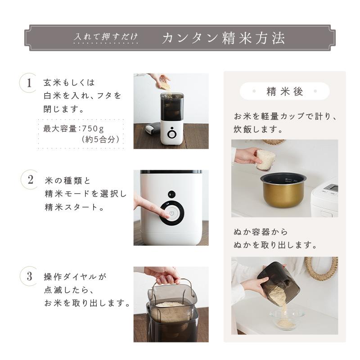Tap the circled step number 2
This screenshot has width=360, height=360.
pyautogui.click(x=30, y=180)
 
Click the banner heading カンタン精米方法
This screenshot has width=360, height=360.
pyautogui.click(x=223, y=38)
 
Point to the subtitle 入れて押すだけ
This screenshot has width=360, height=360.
pyautogui.click(x=106, y=38)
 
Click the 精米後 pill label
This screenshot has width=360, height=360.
pyautogui.click(x=285, y=91)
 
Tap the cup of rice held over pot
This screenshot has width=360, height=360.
pyautogui.click(x=265, y=159)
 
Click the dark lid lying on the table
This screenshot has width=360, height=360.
pyautogui.click(x=152, y=128)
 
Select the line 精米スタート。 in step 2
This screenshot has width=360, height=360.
pyautogui.click(x=74, y=208)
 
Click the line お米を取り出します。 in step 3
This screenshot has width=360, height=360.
pyautogui.click(x=87, y=303)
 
